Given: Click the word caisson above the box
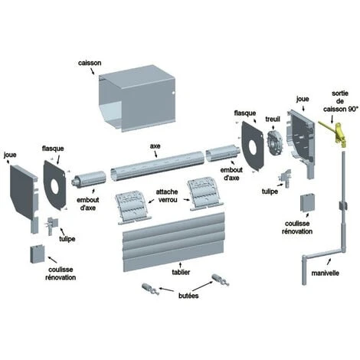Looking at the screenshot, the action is click(x=90, y=63).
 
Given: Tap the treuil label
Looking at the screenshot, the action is click(x=273, y=119).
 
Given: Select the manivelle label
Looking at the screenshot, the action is click(x=325, y=273).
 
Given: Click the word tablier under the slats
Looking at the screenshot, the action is click(x=181, y=272).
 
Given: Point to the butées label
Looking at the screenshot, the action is click(x=188, y=296).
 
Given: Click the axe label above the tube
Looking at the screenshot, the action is click(x=155, y=146).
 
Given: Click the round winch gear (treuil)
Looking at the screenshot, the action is click(x=274, y=142).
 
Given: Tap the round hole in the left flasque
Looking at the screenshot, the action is click(x=54, y=185).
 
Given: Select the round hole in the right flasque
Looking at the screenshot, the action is click(x=252, y=147).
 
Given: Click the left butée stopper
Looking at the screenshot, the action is click(x=151, y=290).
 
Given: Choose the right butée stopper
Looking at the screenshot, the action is click(x=221, y=280).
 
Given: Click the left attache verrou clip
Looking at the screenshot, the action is click(x=133, y=208).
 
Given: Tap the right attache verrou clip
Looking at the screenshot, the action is click(x=205, y=195).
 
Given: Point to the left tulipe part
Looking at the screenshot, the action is click(x=52, y=225).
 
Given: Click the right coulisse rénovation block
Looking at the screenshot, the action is click(x=307, y=203).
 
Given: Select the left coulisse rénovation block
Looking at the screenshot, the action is click(x=38, y=254).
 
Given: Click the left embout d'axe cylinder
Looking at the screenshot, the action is click(x=90, y=180).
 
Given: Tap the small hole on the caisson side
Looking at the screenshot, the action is click(x=173, y=93).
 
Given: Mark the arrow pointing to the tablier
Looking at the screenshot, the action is click(x=181, y=265).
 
